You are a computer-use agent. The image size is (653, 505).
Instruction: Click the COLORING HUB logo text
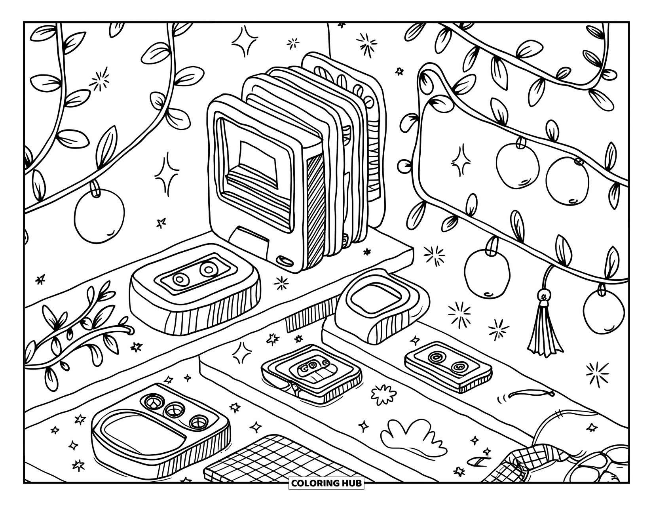pyautogui.click(x=326, y=483)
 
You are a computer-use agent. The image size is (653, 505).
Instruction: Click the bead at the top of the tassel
pyautogui.click(x=545, y=296)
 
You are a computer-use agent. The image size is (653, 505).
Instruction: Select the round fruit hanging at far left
pyautogui.click(x=99, y=216)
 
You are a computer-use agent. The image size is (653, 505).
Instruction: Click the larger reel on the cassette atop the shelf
pyautogui.click(x=209, y=270)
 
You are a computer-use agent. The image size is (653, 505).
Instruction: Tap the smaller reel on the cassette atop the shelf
pyautogui.click(x=179, y=280)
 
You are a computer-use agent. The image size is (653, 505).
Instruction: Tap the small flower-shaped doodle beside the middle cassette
pyautogui.click(x=383, y=394)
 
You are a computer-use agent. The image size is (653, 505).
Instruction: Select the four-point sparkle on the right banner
pyautogui.click(x=461, y=160)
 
